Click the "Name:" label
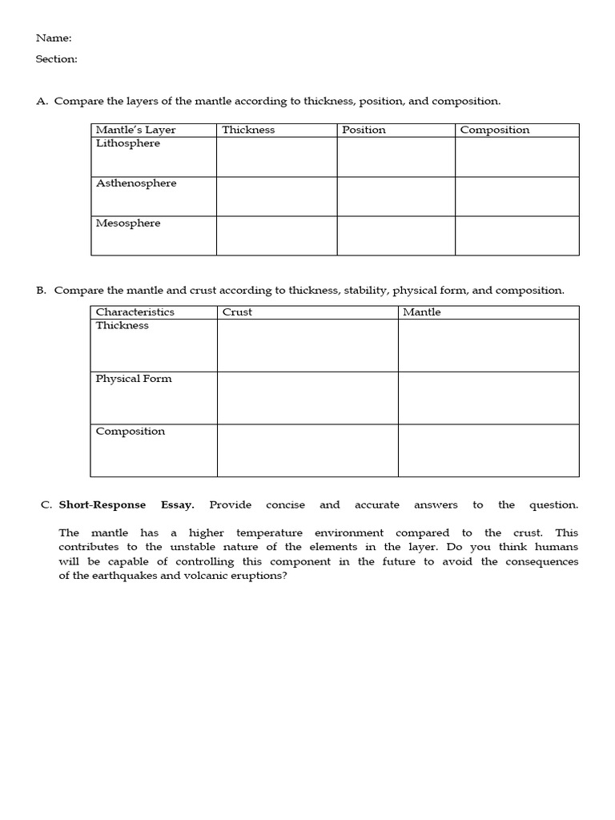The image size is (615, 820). pos(54,38)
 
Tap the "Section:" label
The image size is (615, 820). pos(57,58)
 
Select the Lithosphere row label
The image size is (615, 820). pos(128,143)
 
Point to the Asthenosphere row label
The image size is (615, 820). pos(136,183)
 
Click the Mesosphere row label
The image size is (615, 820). pos(128,223)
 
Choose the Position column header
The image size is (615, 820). pos(364,130)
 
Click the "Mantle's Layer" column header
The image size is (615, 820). pos(135,130)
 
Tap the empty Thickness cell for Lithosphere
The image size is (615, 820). pos(276,157)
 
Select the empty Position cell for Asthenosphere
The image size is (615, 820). pos(396,196)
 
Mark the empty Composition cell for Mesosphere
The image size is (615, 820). pos(517,235)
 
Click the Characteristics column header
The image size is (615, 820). pos(135,312)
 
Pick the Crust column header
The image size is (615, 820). pos(237,312)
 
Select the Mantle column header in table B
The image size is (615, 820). pos(422,312)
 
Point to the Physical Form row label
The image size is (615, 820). pos(134,379)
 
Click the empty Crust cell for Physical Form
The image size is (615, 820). pos(307,398)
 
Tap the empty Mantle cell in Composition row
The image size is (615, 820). pos(488,450)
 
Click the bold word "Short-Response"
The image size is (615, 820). pos(102,504)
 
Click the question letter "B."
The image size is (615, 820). pos(42,291)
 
